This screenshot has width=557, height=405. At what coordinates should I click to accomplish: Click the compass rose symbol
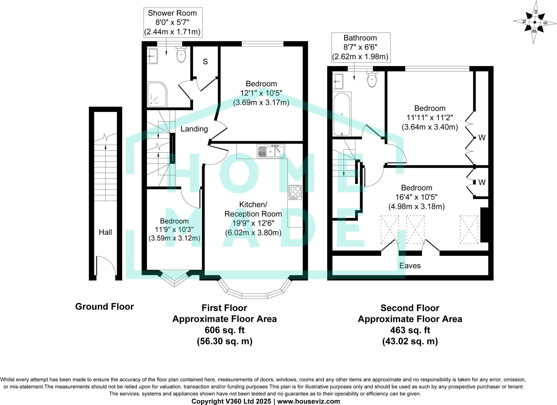[x=534, y=23]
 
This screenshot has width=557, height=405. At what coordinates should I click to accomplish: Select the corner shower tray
[x=157, y=94]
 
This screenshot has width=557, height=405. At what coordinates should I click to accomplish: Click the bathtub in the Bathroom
[x=342, y=114]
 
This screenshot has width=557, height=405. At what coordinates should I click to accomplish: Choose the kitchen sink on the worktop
[x=271, y=151]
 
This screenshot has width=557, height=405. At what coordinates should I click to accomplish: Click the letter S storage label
[x=205, y=62]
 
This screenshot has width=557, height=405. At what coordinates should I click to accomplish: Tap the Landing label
[x=194, y=129]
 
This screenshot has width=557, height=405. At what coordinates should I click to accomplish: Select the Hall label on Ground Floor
[x=105, y=232]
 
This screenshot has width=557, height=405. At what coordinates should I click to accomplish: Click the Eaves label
[x=410, y=266]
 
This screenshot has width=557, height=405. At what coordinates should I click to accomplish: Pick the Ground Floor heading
[x=104, y=307]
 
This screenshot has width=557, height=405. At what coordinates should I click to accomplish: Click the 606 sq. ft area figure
[x=224, y=330]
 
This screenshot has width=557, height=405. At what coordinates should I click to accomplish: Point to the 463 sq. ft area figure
[x=410, y=330]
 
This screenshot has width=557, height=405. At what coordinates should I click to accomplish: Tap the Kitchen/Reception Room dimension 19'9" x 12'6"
[x=253, y=223]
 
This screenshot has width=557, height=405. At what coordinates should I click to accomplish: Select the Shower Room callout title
[x=172, y=13]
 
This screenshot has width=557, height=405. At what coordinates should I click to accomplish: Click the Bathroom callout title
[x=360, y=38]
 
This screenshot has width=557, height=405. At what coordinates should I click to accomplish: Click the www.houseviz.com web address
[x=308, y=401]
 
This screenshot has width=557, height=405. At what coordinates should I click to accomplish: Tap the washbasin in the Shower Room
[x=152, y=56]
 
